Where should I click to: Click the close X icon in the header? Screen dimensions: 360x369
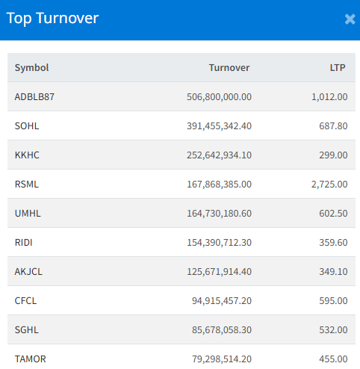click(x=350, y=19)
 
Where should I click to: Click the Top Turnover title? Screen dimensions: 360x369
click(x=52, y=19)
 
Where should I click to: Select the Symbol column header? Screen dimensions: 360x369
click(x=31, y=68)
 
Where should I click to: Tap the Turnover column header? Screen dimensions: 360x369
click(x=229, y=68)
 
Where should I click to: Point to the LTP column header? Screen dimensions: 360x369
click(x=338, y=68)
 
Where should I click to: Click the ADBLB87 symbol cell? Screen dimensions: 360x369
click(x=34, y=97)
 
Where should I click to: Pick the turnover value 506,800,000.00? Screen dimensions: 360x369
click(x=219, y=97)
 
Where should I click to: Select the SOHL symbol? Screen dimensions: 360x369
click(x=27, y=126)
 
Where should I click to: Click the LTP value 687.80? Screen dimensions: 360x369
click(x=333, y=126)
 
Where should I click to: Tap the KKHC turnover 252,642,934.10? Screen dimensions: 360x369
click(x=219, y=155)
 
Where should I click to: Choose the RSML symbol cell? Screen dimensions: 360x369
click(x=27, y=184)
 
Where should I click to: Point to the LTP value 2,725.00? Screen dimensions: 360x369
click(x=329, y=184)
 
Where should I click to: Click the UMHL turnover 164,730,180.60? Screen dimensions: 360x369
click(x=219, y=214)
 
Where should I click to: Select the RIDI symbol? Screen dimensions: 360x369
click(x=24, y=243)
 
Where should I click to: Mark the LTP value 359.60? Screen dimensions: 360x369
click(x=333, y=243)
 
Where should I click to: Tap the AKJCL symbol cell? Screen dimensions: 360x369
click(x=28, y=272)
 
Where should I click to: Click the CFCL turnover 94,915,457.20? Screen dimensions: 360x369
click(x=222, y=301)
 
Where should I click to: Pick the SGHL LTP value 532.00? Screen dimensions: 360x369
click(x=333, y=330)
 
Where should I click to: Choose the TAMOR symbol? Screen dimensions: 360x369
click(x=31, y=359)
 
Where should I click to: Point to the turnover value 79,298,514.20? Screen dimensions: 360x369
click(x=222, y=359)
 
